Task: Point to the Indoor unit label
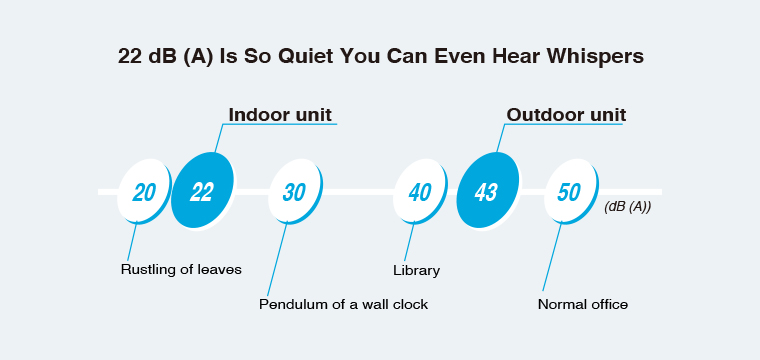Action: (280, 115)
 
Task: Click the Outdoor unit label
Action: (566, 115)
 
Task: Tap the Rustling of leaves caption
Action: (181, 269)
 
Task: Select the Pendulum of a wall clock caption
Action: (343, 304)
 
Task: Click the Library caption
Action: (416, 270)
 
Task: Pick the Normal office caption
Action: (583, 304)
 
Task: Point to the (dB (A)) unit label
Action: (628, 207)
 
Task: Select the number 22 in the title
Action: (129, 57)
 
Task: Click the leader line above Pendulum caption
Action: (277, 259)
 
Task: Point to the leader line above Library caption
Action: (410, 242)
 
